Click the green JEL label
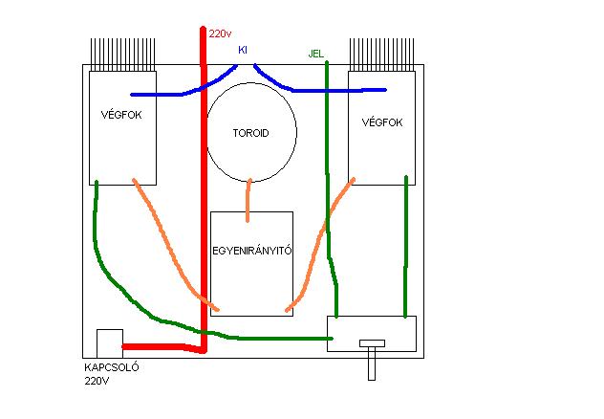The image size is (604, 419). pyautogui.click(x=317, y=54)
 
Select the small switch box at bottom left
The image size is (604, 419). pyautogui.click(x=109, y=342)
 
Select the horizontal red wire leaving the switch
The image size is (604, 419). pyautogui.click(x=162, y=347)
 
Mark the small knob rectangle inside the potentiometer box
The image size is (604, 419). pyautogui.click(x=371, y=342)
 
